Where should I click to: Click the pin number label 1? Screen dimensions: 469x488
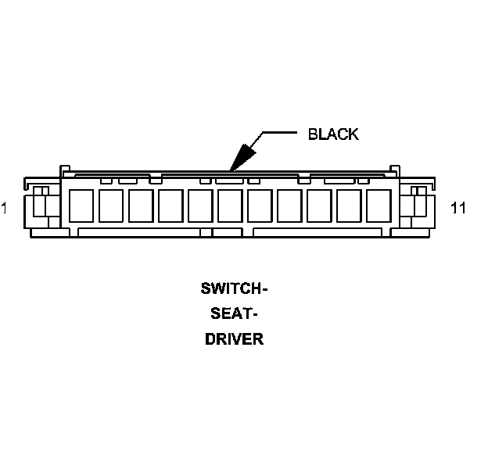[x=5, y=208]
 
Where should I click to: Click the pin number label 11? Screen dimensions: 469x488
[x=459, y=208]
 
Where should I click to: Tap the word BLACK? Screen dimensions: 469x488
[x=333, y=134]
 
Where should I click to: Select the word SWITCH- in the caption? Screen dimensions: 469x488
[x=235, y=288]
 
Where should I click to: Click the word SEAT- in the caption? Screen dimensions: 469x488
[x=235, y=314]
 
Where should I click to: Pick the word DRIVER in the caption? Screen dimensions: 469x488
[x=235, y=340]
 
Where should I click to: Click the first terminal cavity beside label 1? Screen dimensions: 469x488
[x=81, y=206]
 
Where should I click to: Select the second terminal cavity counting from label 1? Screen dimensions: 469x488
[x=110, y=206]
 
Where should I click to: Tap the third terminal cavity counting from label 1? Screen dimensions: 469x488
[x=140, y=206]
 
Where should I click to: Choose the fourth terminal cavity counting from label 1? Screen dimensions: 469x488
[x=170, y=206]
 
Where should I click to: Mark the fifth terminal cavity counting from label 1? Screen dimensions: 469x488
[x=199, y=206]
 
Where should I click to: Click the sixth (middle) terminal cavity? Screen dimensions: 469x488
[x=229, y=206]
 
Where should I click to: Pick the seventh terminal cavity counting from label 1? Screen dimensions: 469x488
[x=259, y=206]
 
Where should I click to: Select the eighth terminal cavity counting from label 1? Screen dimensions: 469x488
[x=289, y=206]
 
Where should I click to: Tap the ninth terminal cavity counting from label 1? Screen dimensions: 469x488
[x=318, y=206]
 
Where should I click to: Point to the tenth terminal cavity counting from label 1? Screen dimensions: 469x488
[x=348, y=206]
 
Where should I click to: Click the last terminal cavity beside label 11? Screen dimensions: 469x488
[x=378, y=206]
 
